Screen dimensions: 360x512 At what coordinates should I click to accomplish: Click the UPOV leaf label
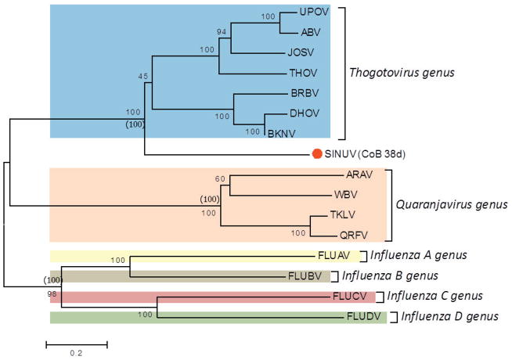tap(311, 13)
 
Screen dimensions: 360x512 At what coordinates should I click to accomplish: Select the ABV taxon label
tap(309, 33)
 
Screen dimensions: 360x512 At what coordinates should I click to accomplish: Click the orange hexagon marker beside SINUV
tap(316, 153)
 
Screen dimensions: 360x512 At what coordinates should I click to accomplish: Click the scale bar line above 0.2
tap(76, 343)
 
